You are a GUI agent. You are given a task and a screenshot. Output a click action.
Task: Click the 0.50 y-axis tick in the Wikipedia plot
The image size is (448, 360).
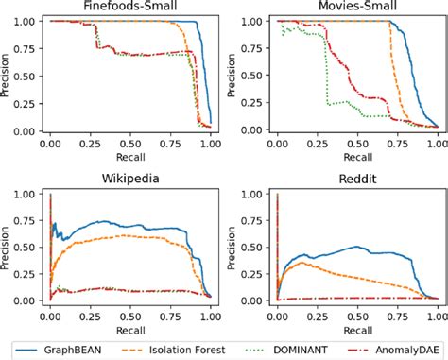28,248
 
